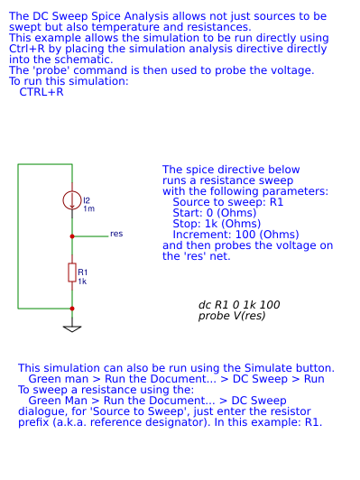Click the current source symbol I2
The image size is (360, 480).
pos(72,201)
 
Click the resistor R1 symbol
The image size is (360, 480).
pos(72,272)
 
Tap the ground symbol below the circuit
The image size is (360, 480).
pos(72,328)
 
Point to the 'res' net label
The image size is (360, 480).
pos(116,234)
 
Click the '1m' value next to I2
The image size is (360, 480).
pos(88,209)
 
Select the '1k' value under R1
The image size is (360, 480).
pos(82,282)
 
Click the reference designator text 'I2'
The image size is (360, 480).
pos(86,200)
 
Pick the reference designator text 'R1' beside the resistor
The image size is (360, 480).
pos(83,272)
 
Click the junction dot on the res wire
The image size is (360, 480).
pos(72,235)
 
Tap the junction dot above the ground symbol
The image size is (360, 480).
pos(72,309)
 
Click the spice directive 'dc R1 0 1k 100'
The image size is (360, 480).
pos(239,305)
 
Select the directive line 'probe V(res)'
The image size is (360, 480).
pos(232,316)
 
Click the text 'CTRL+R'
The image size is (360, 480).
pos(42,92)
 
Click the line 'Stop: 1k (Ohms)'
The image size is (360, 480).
pos(217,224)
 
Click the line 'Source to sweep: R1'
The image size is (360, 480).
pos(228,202)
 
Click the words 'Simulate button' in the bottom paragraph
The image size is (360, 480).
pos(289,368)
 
